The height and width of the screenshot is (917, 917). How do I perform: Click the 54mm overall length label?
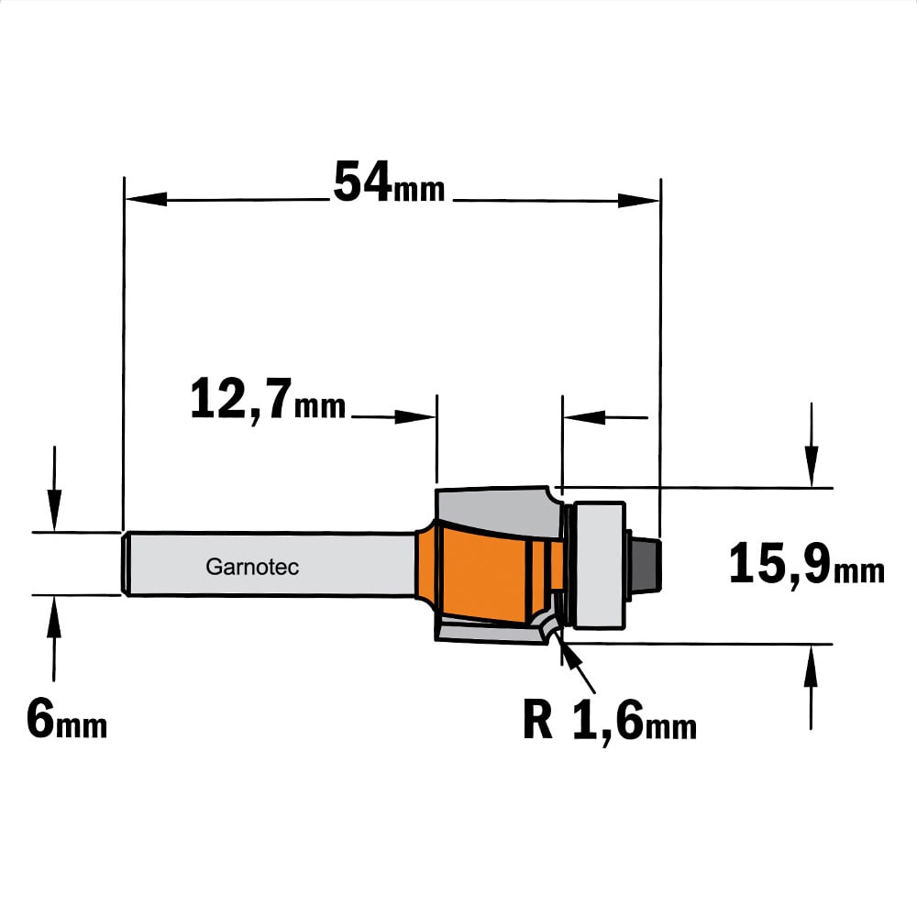[x=389, y=182]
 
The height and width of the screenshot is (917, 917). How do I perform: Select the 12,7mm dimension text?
[x=268, y=400]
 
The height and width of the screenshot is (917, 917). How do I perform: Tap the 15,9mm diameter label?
[x=806, y=564]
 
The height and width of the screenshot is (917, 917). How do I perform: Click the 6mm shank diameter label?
[x=67, y=720]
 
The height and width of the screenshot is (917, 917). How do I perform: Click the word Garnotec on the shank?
[x=252, y=567]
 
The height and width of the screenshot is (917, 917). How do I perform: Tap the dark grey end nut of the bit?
[x=646, y=565]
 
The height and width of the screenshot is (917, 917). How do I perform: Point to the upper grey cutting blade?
[x=497, y=511]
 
